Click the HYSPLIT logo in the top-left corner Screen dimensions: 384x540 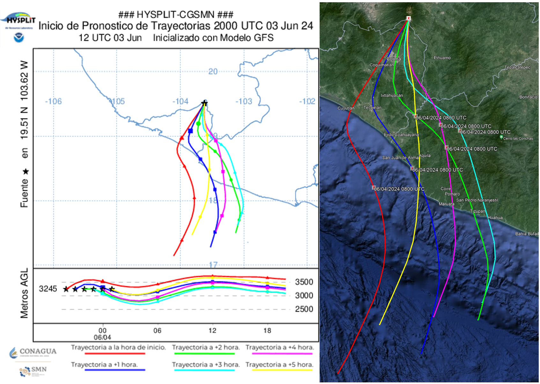coord(20,20)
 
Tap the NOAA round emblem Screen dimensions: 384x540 coord(18,38)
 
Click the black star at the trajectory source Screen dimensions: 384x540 coord(204,103)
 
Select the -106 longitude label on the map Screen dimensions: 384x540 coord(53,102)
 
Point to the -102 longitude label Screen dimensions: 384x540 coord(307,102)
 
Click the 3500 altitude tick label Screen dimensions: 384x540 coord(304,282)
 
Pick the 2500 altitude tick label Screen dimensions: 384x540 coord(304,309)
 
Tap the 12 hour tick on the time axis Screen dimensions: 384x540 coord(212,330)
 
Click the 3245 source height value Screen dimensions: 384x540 coord(48,289)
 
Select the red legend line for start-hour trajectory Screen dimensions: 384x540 coord(115,354)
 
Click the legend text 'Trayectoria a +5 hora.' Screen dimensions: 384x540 coord(279,365)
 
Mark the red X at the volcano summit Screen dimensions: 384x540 coord(408,18)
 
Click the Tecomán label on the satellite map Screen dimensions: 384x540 coord(372,108)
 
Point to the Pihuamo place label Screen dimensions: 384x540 coord(442,58)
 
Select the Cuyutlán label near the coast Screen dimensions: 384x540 coord(346,108)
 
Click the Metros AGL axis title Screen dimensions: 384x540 coord(25,293)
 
